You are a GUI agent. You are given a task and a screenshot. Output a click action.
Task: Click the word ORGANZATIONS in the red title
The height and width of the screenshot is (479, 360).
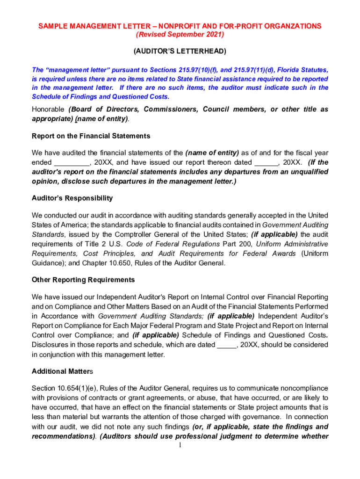point(290,26)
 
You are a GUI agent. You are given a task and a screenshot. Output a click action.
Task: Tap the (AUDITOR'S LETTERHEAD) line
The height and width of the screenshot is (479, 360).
point(180,51)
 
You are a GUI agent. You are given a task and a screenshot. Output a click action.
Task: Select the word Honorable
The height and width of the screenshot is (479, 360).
point(48,109)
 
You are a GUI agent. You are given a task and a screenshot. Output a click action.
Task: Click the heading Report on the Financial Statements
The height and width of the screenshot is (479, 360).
point(91,136)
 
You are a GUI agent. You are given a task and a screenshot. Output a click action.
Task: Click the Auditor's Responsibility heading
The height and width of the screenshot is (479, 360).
point(72,198)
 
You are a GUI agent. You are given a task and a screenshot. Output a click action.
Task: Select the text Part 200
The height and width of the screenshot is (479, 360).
point(237,244)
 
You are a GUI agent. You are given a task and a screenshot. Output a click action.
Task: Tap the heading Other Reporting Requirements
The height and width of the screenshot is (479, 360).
point(83,280)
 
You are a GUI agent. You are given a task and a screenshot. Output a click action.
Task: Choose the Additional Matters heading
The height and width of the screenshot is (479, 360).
point(63,371)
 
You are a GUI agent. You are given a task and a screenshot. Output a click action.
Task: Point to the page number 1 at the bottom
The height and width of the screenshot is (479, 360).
point(180,445)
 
